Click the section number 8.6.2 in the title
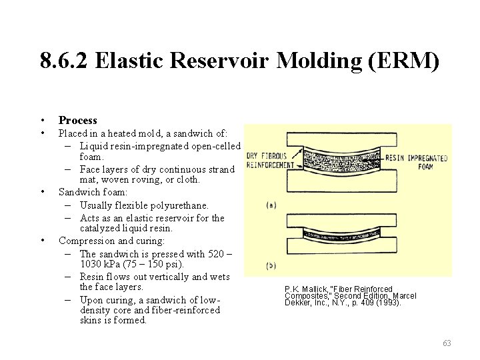(x=65, y=61)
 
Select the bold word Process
(x=78, y=120)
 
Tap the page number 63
(x=447, y=343)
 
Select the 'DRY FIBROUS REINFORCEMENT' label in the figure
(x=270, y=161)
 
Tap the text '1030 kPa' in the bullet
(x=99, y=264)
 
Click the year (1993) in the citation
(x=389, y=302)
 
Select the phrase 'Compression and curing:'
(x=111, y=241)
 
